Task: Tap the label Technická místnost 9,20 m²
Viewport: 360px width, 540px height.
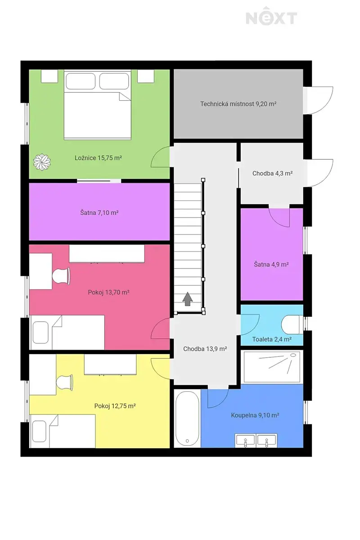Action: (238, 104)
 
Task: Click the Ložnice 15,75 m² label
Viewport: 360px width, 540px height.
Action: (98, 158)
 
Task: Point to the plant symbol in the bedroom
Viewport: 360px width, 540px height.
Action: (42, 162)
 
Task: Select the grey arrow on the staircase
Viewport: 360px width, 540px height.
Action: (188, 299)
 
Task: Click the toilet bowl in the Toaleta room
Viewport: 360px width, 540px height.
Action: (291, 325)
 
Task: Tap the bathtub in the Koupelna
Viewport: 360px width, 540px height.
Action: (187, 418)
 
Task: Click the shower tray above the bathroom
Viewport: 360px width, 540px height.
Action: (272, 367)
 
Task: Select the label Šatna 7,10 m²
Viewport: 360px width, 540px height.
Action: (99, 212)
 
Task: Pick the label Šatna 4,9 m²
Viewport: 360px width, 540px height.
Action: (271, 265)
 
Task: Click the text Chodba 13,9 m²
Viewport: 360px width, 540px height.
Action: (205, 349)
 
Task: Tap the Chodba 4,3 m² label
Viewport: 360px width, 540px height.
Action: (272, 173)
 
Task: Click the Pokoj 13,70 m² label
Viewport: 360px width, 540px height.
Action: (108, 292)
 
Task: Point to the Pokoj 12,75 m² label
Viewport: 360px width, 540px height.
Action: (115, 406)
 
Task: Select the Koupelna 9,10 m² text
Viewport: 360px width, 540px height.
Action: (255, 415)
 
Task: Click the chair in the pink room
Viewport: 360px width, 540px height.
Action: (61, 276)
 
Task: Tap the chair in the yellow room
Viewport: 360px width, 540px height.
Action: (64, 382)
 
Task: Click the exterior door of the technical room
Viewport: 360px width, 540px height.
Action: (318, 100)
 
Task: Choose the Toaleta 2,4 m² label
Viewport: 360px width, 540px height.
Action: (272, 339)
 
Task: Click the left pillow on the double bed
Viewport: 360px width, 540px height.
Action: (81, 81)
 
